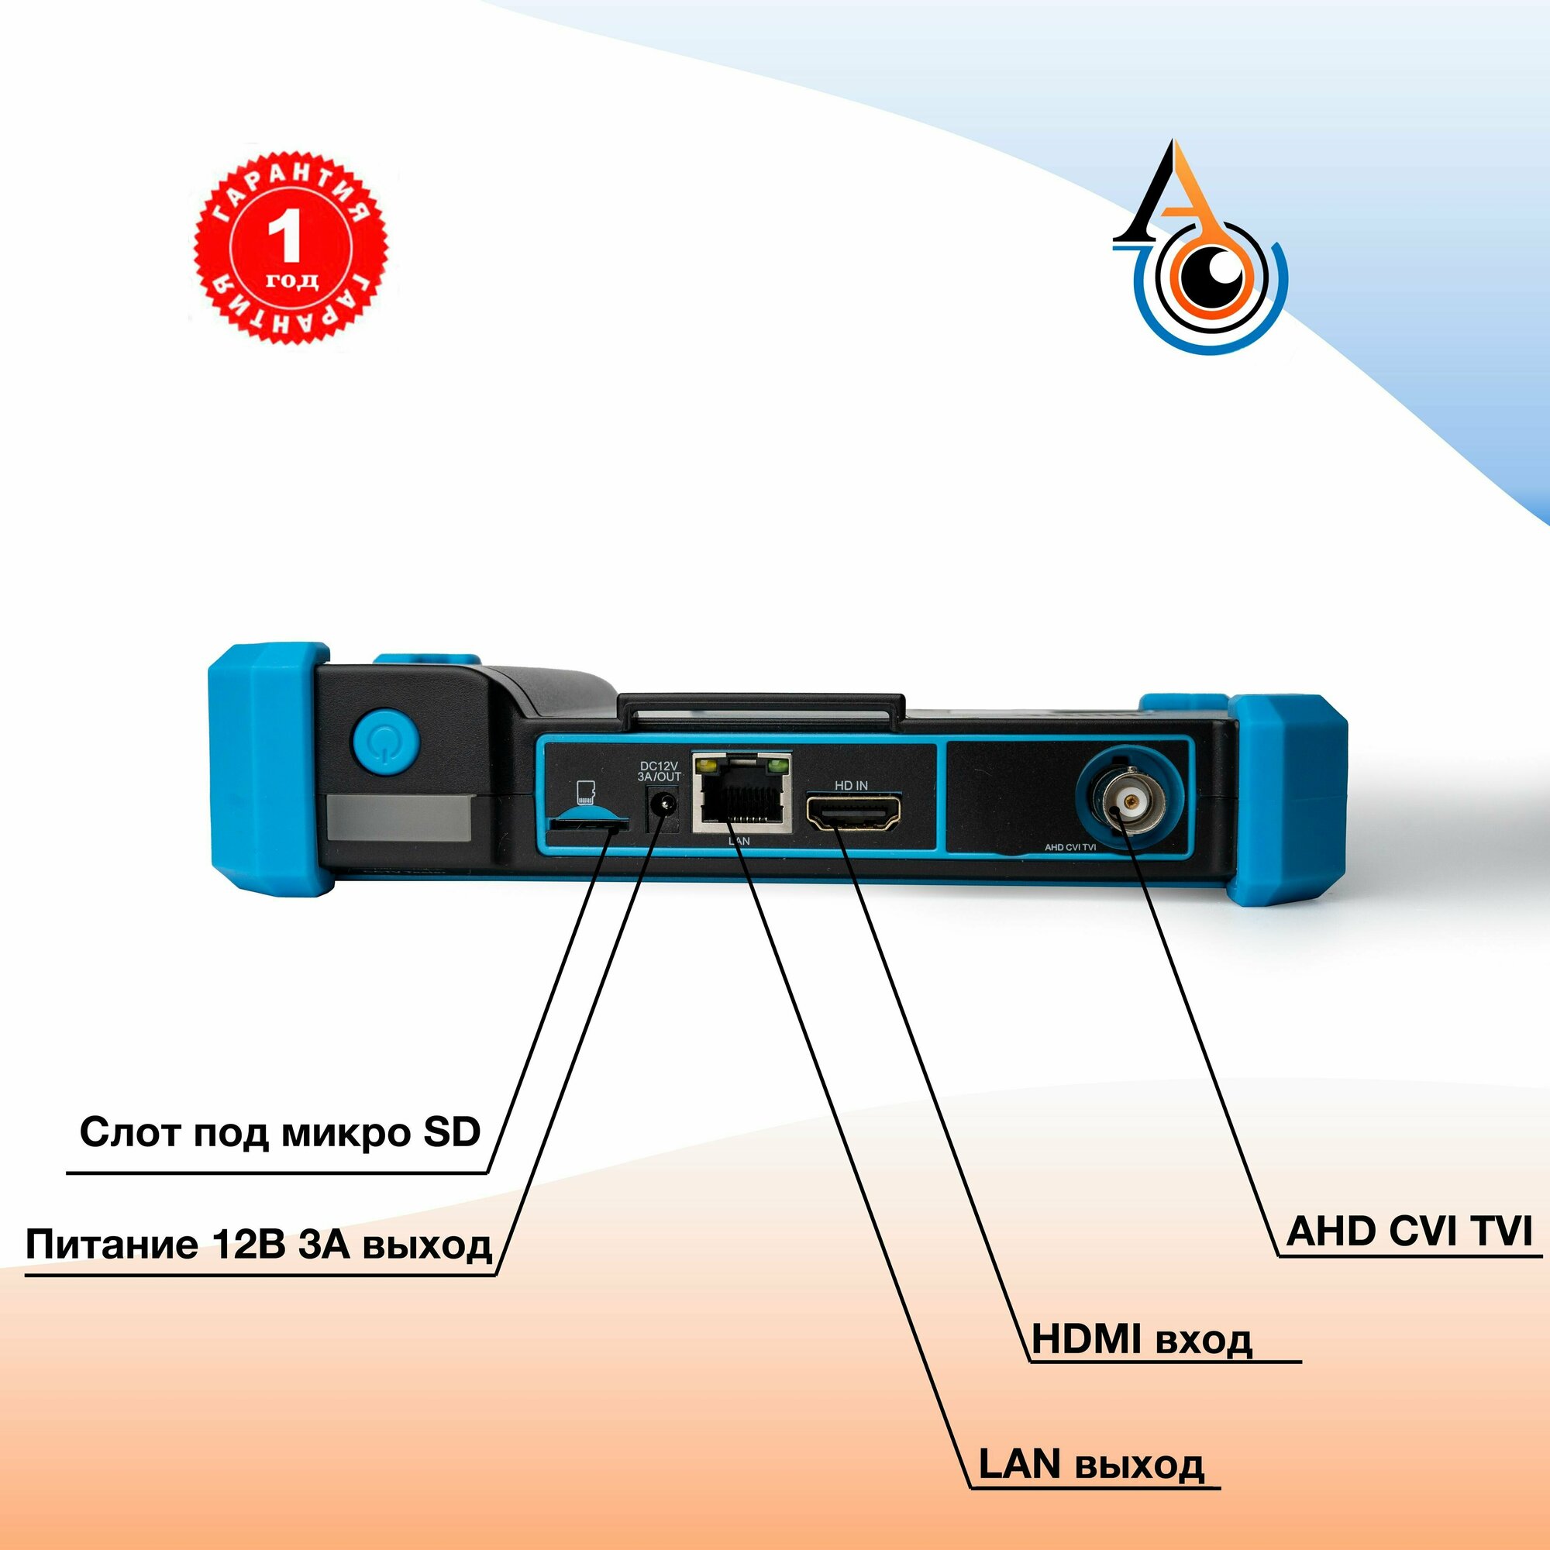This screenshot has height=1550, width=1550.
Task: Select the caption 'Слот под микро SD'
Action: (280, 1132)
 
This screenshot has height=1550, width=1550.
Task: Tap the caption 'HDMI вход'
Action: (1141, 1339)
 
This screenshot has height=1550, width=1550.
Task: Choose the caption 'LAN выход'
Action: (1091, 1464)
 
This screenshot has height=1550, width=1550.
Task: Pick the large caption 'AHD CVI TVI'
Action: (1409, 1231)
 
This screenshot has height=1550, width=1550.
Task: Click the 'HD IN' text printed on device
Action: (851, 785)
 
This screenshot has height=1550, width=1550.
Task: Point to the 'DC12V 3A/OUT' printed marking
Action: (659, 771)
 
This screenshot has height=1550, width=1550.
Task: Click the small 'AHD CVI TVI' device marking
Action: (1070, 847)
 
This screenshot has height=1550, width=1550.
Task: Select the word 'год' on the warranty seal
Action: (292, 281)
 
